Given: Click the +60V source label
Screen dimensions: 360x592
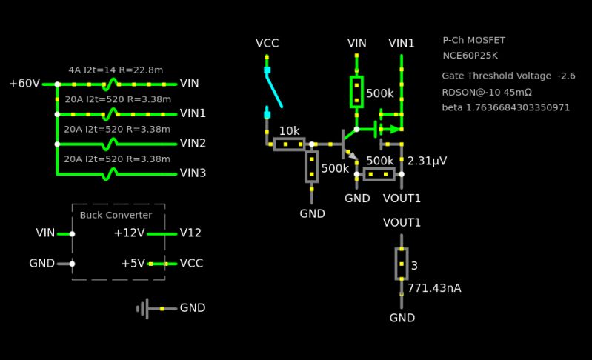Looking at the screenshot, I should click(x=24, y=84).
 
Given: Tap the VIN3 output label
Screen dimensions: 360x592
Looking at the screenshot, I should click(x=193, y=173).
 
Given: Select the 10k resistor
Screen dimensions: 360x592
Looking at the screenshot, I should click(x=289, y=144).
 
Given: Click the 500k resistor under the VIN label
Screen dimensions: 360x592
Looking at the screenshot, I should click(x=356, y=92).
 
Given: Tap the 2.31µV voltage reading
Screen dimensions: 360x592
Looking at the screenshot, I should click(x=428, y=161).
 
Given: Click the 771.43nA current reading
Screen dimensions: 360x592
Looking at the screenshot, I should click(x=434, y=287).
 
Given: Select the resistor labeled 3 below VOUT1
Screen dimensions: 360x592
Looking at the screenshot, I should click(x=401, y=264).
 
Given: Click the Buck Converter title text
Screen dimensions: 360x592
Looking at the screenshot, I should click(x=116, y=215).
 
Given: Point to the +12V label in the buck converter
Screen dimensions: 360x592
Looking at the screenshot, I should click(x=129, y=233).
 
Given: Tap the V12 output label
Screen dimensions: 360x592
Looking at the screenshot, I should click(x=190, y=233).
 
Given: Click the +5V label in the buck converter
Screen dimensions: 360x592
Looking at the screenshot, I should click(x=133, y=263).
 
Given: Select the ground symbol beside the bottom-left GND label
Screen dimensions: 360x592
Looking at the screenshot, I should click(x=144, y=308).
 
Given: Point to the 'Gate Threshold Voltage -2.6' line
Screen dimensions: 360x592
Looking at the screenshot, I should click(x=508, y=76).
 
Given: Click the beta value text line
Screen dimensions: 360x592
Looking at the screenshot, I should click(x=506, y=107).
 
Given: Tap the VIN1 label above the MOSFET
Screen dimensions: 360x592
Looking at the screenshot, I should click(x=402, y=44).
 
